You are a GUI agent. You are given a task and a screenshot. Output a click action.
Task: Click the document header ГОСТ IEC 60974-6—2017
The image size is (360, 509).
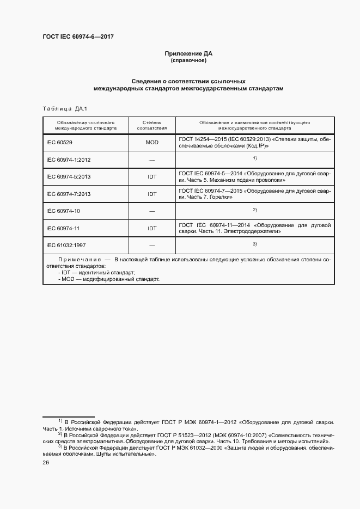pyautogui.click(x=78, y=37)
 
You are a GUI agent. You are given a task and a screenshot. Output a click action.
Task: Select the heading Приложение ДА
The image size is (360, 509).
pyautogui.click(x=188, y=54)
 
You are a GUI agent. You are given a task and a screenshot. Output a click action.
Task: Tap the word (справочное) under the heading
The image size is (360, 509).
pyautogui.click(x=188, y=61)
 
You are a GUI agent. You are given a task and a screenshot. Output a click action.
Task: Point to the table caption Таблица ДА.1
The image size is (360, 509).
pyautogui.click(x=61, y=108)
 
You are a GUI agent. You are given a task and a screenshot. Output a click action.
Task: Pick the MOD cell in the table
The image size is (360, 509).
pyautogui.click(x=152, y=143)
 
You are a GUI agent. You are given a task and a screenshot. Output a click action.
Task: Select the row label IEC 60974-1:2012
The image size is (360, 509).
pyautogui.click(x=69, y=160)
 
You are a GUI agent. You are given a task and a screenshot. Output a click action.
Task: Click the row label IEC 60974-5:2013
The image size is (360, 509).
pyautogui.click(x=69, y=177)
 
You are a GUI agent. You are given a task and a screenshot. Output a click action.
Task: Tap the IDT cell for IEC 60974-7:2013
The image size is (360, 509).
pyautogui.click(x=152, y=194)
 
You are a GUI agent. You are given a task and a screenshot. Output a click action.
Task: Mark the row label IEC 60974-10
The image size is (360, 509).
pyautogui.click(x=63, y=211)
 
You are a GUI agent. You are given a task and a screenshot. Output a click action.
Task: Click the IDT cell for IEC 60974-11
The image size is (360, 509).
pyautogui.click(x=152, y=228)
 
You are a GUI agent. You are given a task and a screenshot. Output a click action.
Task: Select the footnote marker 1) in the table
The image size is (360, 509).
pyautogui.click(x=254, y=158)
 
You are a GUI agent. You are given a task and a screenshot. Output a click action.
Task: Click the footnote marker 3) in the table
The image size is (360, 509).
pyautogui.click(x=254, y=243)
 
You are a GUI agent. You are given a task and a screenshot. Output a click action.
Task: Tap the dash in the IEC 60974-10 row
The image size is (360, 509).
pyautogui.click(x=152, y=211)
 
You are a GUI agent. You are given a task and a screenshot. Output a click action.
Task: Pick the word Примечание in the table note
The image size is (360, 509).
pyautogui.click(x=78, y=260)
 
